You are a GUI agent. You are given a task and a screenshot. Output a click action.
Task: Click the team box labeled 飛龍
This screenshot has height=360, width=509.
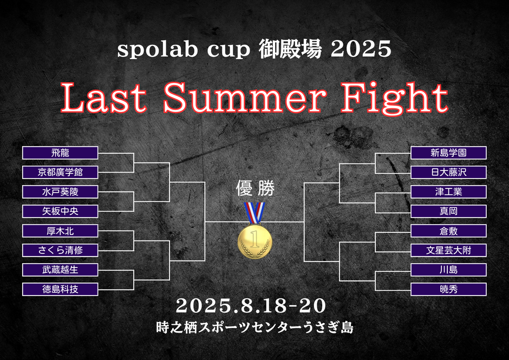click(x=60, y=153)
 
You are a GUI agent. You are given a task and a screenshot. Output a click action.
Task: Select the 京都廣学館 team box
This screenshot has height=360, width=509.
click(x=60, y=172)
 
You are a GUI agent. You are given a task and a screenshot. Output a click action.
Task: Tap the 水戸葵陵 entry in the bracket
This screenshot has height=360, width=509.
click(x=60, y=192)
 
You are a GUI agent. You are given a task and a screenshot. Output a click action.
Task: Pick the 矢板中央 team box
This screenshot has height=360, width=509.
click(x=60, y=211)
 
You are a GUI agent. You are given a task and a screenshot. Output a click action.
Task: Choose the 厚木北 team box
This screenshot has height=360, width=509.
click(x=60, y=231)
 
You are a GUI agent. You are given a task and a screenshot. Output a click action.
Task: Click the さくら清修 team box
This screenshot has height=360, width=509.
click(x=60, y=250)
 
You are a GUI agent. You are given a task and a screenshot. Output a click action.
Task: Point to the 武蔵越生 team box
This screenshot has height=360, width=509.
click(x=60, y=270)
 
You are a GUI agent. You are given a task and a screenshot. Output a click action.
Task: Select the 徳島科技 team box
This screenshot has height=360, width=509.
click(x=60, y=289)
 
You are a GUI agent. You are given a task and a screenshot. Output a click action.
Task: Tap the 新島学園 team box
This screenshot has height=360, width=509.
click(x=448, y=153)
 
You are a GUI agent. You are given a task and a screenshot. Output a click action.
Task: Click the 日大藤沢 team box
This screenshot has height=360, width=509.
click(x=448, y=172)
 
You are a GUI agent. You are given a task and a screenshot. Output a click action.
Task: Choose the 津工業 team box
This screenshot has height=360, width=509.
click(x=448, y=192)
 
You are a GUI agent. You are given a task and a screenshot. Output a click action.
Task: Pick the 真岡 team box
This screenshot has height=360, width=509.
click(x=448, y=211)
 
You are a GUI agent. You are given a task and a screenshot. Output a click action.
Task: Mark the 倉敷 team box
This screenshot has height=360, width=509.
click(x=448, y=231)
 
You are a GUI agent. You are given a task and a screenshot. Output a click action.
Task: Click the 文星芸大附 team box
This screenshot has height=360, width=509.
click(x=448, y=250)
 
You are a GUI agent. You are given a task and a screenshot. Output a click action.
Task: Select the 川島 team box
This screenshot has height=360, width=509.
click(x=448, y=270)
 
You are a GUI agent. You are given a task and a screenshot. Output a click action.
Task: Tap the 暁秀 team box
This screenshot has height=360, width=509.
click(x=448, y=289)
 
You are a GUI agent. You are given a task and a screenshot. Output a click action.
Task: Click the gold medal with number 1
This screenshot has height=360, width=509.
click(x=255, y=241)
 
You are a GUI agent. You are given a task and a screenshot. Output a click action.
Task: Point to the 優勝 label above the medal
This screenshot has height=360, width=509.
click(x=256, y=188)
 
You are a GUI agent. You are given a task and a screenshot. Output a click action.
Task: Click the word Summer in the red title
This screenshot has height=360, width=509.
click(x=245, y=97)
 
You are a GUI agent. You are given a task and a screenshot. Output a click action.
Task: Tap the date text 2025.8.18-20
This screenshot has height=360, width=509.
click(x=251, y=306)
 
